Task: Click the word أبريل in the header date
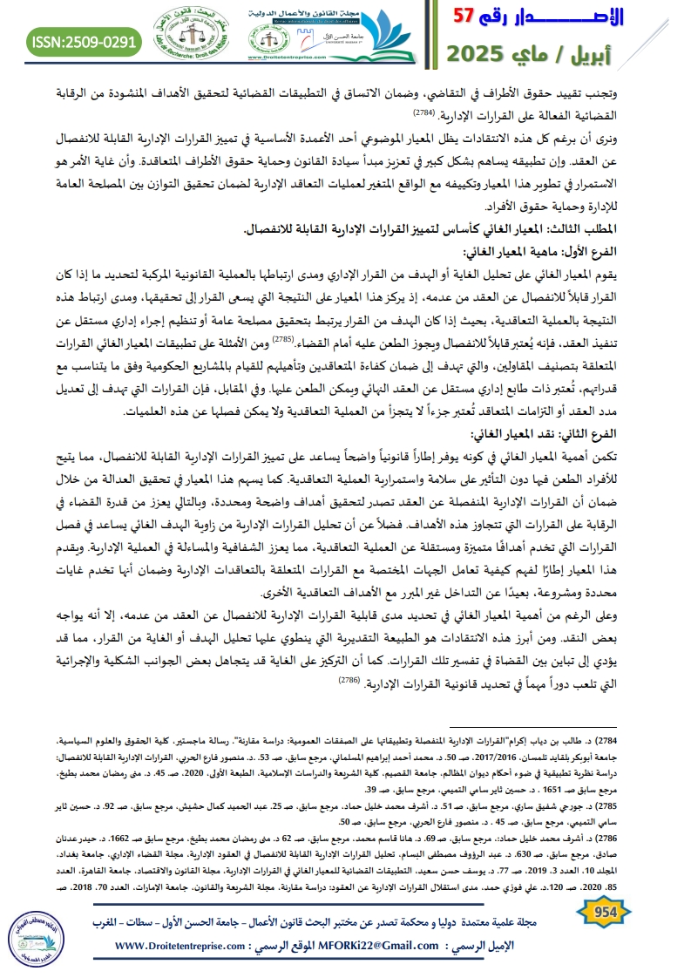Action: (646, 54)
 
